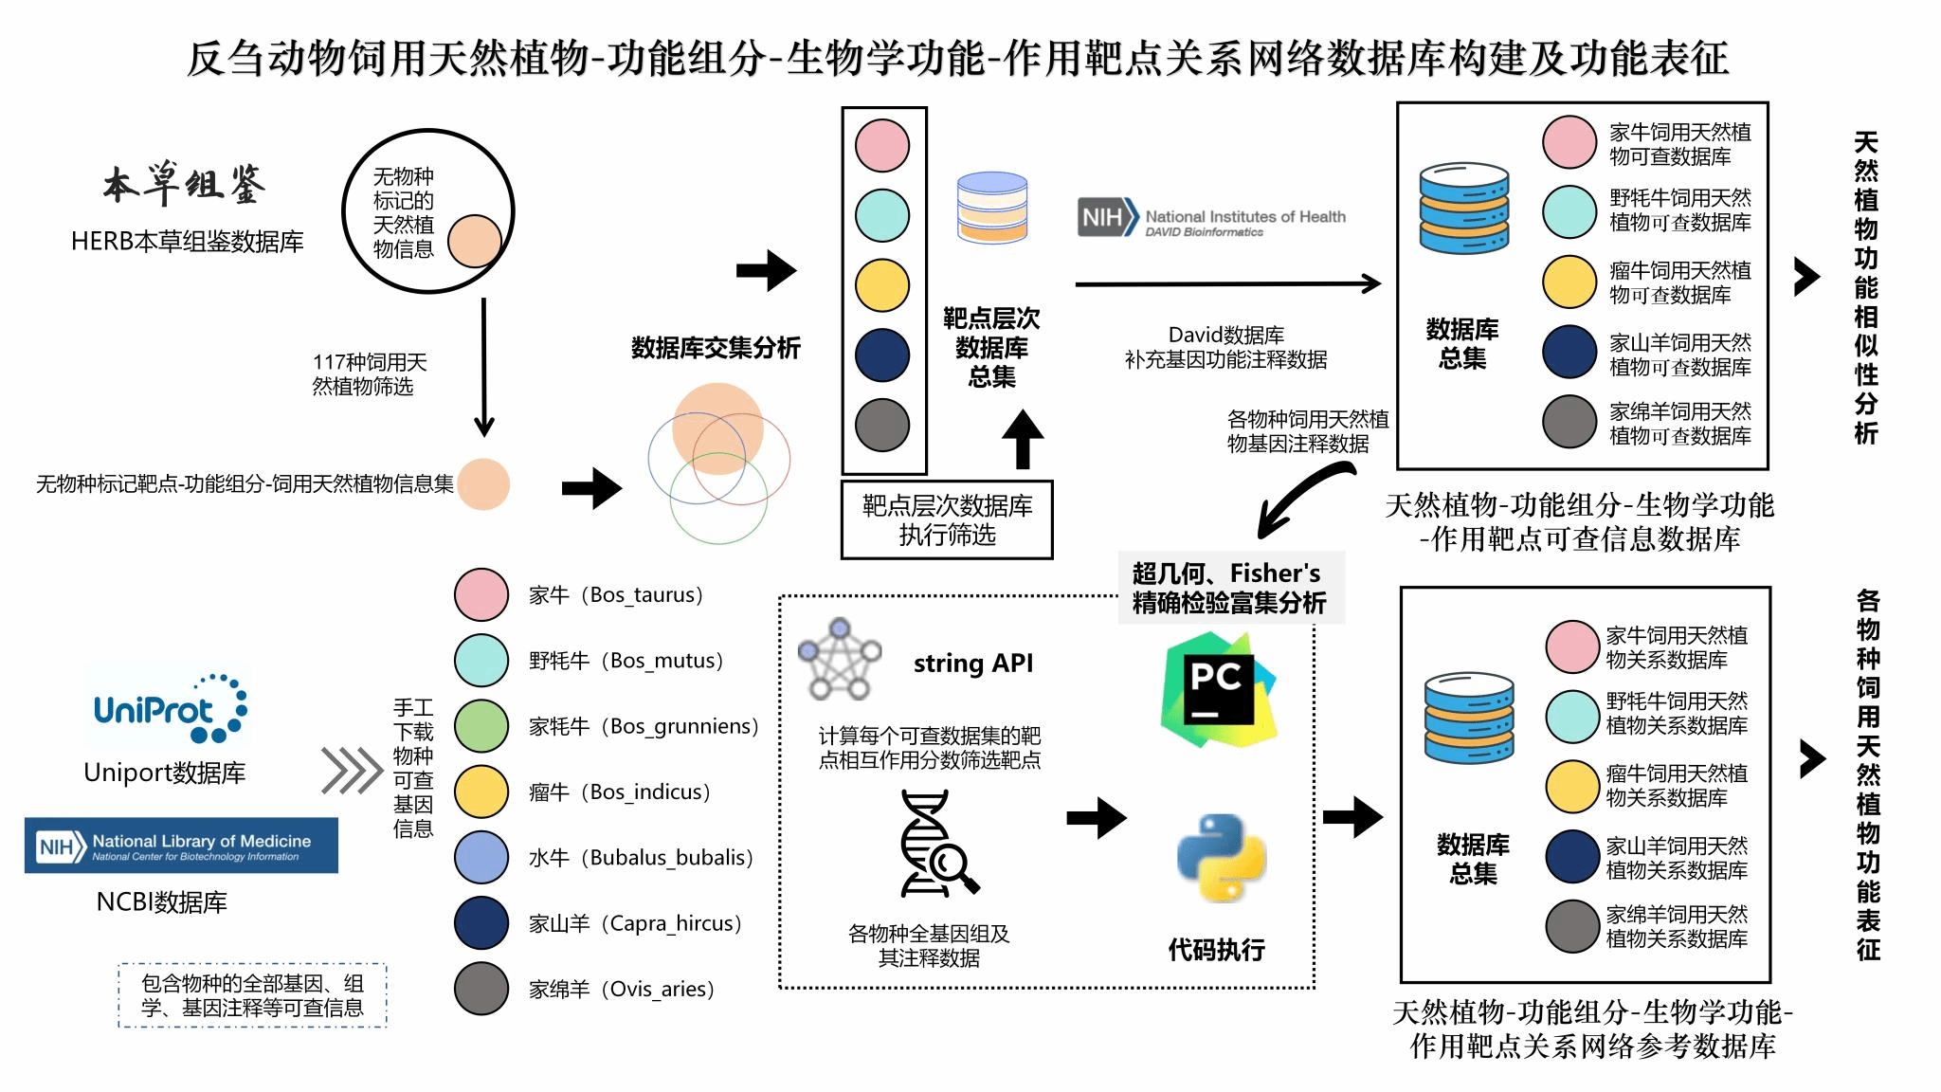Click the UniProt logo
click(169, 708)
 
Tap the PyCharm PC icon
click(1218, 689)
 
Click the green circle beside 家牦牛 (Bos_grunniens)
click(481, 726)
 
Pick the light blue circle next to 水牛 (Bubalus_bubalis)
click(481, 857)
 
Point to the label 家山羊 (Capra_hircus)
click(635, 923)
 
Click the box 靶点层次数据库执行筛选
click(947, 520)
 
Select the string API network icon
click(840, 659)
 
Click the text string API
click(973, 664)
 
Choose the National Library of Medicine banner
click(181, 845)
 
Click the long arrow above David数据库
click(1227, 282)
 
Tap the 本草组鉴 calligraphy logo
click(185, 184)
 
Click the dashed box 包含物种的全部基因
click(252, 995)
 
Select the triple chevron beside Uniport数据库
click(351, 770)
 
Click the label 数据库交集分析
click(716, 348)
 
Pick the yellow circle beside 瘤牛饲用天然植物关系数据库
click(1572, 786)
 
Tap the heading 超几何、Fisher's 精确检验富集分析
click(1230, 588)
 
